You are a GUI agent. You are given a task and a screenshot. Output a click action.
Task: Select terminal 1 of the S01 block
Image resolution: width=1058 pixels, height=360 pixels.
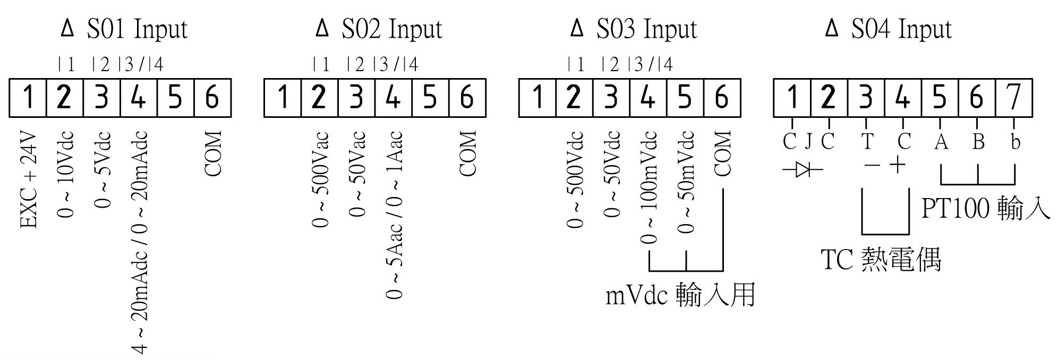[x=28, y=98]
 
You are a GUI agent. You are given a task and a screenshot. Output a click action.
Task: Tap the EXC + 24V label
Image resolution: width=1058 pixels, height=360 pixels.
[x=29, y=180]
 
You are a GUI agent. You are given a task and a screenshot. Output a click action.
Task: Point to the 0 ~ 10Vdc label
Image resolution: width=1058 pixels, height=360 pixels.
[x=65, y=175]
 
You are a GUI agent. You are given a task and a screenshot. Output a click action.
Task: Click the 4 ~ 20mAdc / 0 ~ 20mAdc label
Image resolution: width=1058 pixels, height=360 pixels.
[x=139, y=242]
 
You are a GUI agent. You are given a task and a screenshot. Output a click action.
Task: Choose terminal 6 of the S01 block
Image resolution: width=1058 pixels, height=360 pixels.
[x=212, y=98]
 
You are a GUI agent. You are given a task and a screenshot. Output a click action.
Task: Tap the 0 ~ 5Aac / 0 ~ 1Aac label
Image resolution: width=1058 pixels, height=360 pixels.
[x=394, y=215]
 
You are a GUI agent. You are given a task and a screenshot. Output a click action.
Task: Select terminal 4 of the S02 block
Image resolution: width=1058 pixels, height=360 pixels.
[x=393, y=98]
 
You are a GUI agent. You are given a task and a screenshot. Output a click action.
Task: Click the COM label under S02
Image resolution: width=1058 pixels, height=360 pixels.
[x=467, y=153]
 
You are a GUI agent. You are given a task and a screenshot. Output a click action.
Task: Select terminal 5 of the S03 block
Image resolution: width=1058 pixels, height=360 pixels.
[x=685, y=98]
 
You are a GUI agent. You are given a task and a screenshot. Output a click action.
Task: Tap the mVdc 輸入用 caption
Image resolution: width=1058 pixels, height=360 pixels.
[x=680, y=295]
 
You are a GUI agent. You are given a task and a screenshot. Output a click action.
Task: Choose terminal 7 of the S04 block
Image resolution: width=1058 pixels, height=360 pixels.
[x=1014, y=98]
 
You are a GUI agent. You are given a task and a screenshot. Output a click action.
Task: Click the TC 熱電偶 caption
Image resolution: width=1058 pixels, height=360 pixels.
[x=881, y=260]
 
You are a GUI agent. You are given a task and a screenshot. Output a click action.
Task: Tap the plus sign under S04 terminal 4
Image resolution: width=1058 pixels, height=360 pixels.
[x=897, y=165]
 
